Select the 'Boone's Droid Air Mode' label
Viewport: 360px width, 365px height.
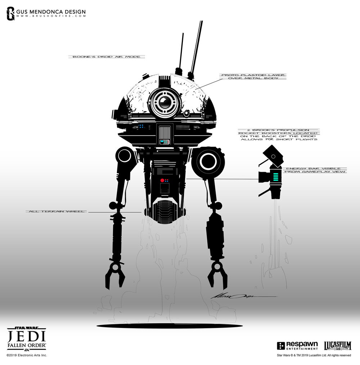pos(107,57)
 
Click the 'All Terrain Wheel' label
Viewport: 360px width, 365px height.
pos(56,211)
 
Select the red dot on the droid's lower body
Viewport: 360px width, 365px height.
pos(162,180)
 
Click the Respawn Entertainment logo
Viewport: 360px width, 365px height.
pos(298,346)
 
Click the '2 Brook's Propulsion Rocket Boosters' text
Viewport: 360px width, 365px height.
pos(277,135)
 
